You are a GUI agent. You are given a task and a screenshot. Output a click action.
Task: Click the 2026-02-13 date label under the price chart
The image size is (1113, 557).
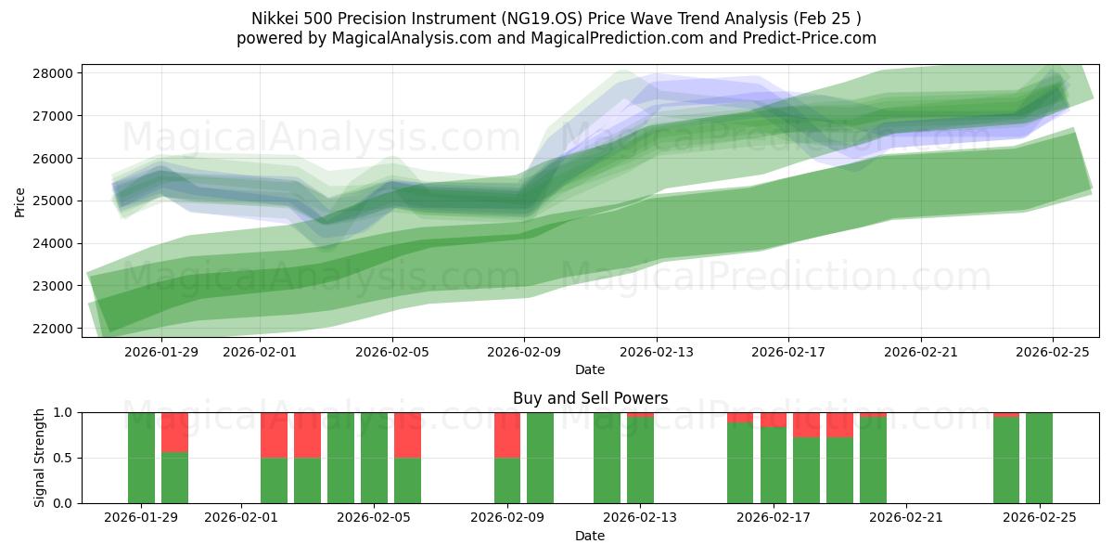pyautogui.click(x=656, y=352)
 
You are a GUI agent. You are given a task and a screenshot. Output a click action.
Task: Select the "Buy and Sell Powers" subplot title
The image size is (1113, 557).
pyautogui.click(x=590, y=398)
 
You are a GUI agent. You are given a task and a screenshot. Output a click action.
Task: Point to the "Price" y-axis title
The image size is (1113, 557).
pyautogui.click(x=20, y=201)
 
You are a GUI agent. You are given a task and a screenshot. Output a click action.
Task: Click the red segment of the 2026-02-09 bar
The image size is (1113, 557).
pyautogui.click(x=507, y=434)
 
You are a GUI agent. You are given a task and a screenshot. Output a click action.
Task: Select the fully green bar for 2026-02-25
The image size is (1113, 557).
pyautogui.click(x=1039, y=458)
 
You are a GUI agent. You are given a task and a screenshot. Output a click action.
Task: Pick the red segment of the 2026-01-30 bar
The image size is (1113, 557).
pyautogui.click(x=174, y=432)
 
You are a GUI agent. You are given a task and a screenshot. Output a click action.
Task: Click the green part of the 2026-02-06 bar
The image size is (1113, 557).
pyautogui.click(x=407, y=480)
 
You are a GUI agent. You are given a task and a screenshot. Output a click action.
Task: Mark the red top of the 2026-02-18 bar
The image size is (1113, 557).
pyautogui.click(x=806, y=424)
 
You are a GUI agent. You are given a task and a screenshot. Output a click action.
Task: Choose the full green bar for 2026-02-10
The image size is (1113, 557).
pyautogui.click(x=540, y=458)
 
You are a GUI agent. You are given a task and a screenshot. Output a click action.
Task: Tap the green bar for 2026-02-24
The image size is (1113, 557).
pyautogui.click(x=1006, y=460)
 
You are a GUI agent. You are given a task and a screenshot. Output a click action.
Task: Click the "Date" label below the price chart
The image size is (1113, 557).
pyautogui.click(x=590, y=369)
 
